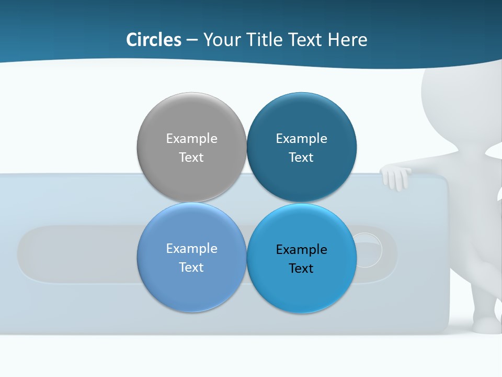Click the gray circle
[191, 120]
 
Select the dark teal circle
[301, 120]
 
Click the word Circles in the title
[154, 40]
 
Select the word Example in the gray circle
[191, 139]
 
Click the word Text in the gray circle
[191, 158]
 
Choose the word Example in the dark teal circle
[301, 139]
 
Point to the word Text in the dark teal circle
[301, 158]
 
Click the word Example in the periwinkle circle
[191, 249]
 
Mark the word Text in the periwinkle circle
[191, 268]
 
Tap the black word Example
[301, 250]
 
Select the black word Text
[301, 269]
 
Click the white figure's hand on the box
[396, 177]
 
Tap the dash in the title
[192, 40]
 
